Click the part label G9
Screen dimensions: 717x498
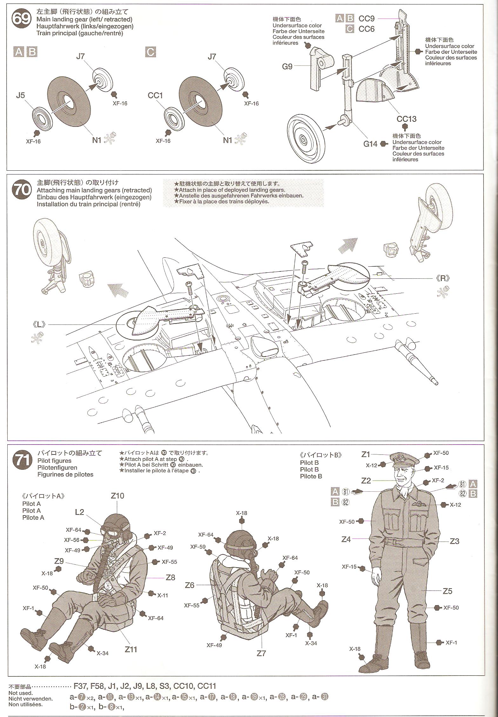287,67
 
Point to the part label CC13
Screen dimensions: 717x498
406,119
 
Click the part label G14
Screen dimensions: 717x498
370,144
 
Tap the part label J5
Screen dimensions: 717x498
20,95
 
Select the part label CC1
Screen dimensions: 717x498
155,95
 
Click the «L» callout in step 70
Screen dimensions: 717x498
39,324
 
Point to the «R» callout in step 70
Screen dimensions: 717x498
443,278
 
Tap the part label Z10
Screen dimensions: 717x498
117,495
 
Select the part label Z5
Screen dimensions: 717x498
447,591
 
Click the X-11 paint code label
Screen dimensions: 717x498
162,595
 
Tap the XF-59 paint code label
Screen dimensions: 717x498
198,547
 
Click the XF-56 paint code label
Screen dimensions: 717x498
71,540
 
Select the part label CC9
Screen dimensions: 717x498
367,18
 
